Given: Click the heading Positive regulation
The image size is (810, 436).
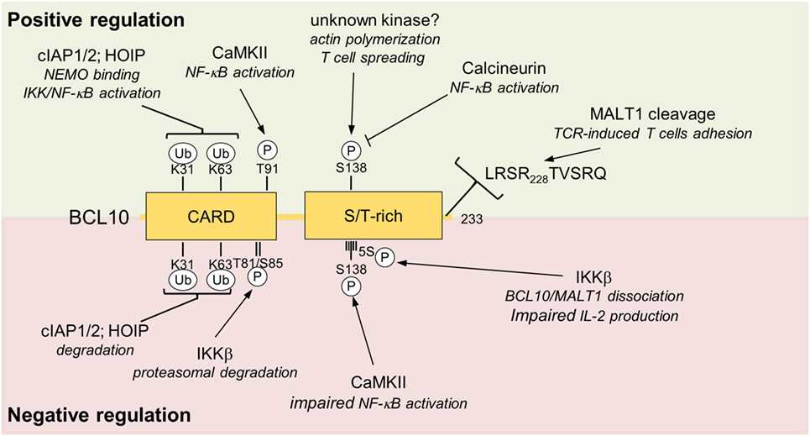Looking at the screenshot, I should tap(98, 17).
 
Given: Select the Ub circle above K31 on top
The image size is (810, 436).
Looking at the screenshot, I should tap(182, 155).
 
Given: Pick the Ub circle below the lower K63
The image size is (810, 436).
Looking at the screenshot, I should tap(221, 279).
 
